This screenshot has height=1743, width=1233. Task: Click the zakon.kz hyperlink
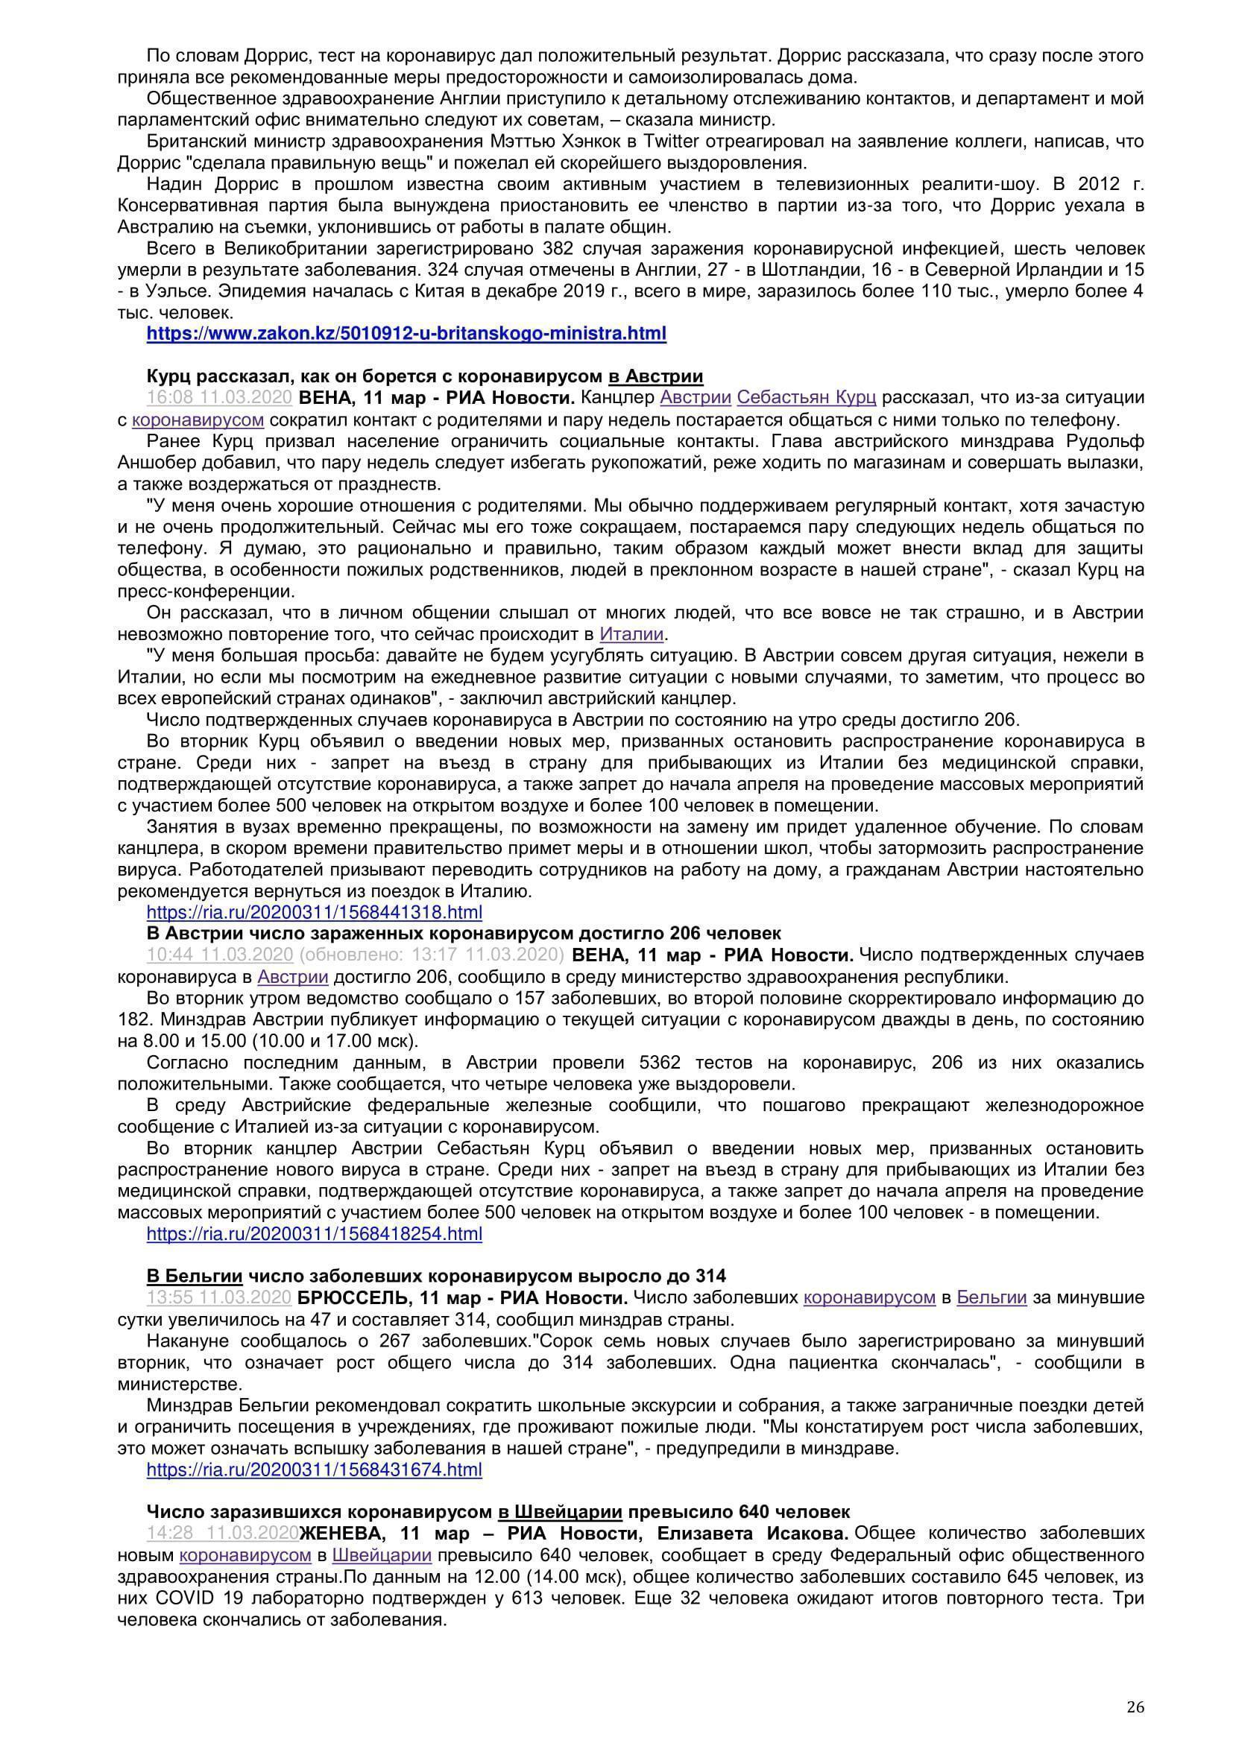(406, 332)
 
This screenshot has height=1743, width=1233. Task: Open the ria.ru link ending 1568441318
(314, 911)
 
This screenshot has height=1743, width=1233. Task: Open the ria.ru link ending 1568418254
(314, 1233)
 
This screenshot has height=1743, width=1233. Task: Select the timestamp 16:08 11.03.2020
(219, 397)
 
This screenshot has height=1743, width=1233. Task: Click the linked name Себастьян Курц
(807, 397)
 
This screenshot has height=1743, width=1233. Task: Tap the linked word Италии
(631, 634)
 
